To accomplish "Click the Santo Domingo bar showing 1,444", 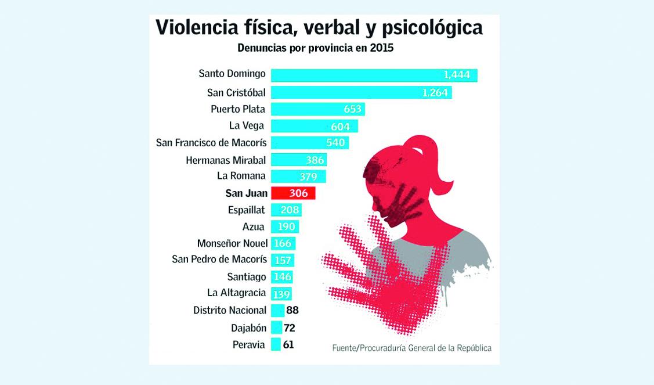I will [374, 75].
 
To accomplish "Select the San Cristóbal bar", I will [361, 92].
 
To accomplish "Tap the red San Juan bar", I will [293, 193].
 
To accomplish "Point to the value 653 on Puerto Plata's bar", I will [352, 109].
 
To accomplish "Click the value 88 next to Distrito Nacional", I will [292, 311].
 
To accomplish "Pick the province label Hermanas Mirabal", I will [226, 160].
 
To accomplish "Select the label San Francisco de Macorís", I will [211, 143].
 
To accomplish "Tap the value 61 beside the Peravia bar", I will [288, 345].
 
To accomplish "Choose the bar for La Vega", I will [314, 126].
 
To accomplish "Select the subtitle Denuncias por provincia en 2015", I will [316, 48].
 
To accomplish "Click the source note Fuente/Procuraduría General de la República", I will [411, 348].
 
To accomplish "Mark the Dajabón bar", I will [276, 328].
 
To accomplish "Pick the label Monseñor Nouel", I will [232, 243].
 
